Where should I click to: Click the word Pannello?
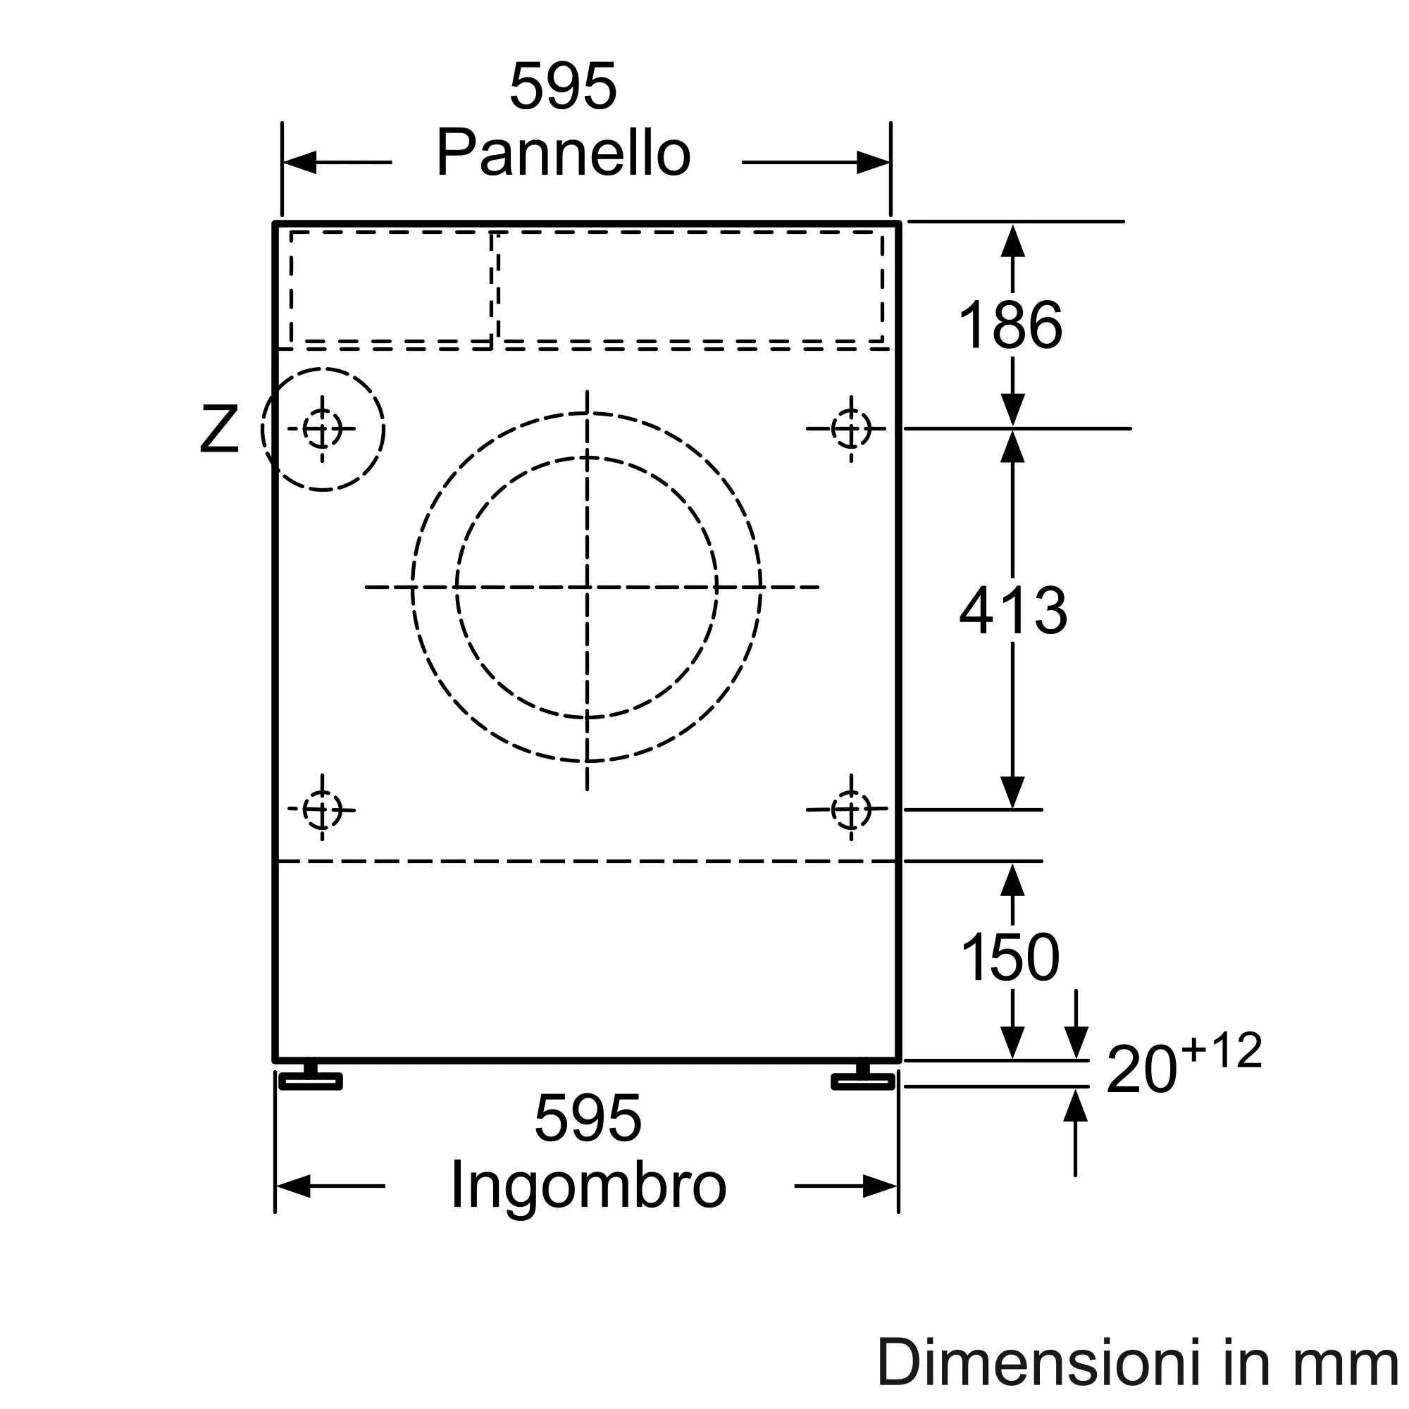pyautogui.click(x=563, y=153)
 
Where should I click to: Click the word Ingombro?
pyautogui.click(x=588, y=1186)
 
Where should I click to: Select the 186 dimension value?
pyautogui.click(x=1010, y=325)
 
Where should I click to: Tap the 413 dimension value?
pyautogui.click(x=1013, y=609)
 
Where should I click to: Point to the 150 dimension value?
pyautogui.click(x=1010, y=957)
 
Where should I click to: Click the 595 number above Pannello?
pyautogui.click(x=563, y=86)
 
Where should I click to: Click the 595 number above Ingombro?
pyautogui.click(x=588, y=1118)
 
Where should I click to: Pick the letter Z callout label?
pyautogui.click(x=219, y=430)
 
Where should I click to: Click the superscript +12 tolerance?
pyautogui.click(x=1222, y=1051)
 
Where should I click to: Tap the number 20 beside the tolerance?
pyautogui.click(x=1141, y=1070)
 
